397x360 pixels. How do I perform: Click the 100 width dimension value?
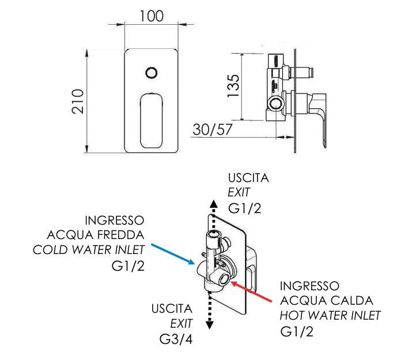pos(152,16)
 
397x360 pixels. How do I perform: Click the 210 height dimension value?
pos(78,101)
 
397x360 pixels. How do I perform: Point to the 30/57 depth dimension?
pos(213,130)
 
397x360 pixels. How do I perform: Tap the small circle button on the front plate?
pos(152,73)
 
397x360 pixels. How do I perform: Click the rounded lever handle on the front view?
pos(152,120)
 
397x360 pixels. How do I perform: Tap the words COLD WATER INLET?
pos(88,250)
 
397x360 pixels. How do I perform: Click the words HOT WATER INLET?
pos(330,315)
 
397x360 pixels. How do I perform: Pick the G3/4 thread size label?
pos(176,339)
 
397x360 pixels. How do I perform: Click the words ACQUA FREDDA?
pos(96,235)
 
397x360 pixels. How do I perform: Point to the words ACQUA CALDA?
pos(327,301)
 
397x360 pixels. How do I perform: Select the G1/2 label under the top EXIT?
pos(245,207)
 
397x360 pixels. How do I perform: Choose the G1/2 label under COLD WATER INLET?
pos(127,266)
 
